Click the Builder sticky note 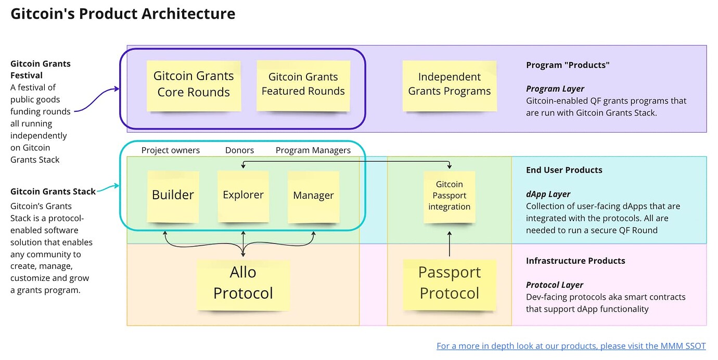tap(173, 196)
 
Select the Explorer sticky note tap(243, 196)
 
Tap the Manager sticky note tap(314, 196)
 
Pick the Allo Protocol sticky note tap(243, 285)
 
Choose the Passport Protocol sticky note tap(450, 285)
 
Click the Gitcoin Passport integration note tap(450, 196)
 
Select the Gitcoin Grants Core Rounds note tap(194, 86)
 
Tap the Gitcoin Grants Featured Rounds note tap(303, 86)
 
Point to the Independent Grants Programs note tap(450, 86)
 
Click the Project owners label tap(171, 150)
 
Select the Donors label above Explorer tap(239, 150)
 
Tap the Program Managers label tap(313, 150)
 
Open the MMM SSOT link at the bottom tap(571, 346)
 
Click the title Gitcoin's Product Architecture tap(123, 14)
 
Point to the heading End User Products tap(564, 170)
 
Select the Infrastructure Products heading tap(575, 261)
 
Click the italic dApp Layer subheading tap(548, 194)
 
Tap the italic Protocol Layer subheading tap(555, 285)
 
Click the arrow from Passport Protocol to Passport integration tap(450, 243)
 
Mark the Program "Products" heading tap(568, 65)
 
